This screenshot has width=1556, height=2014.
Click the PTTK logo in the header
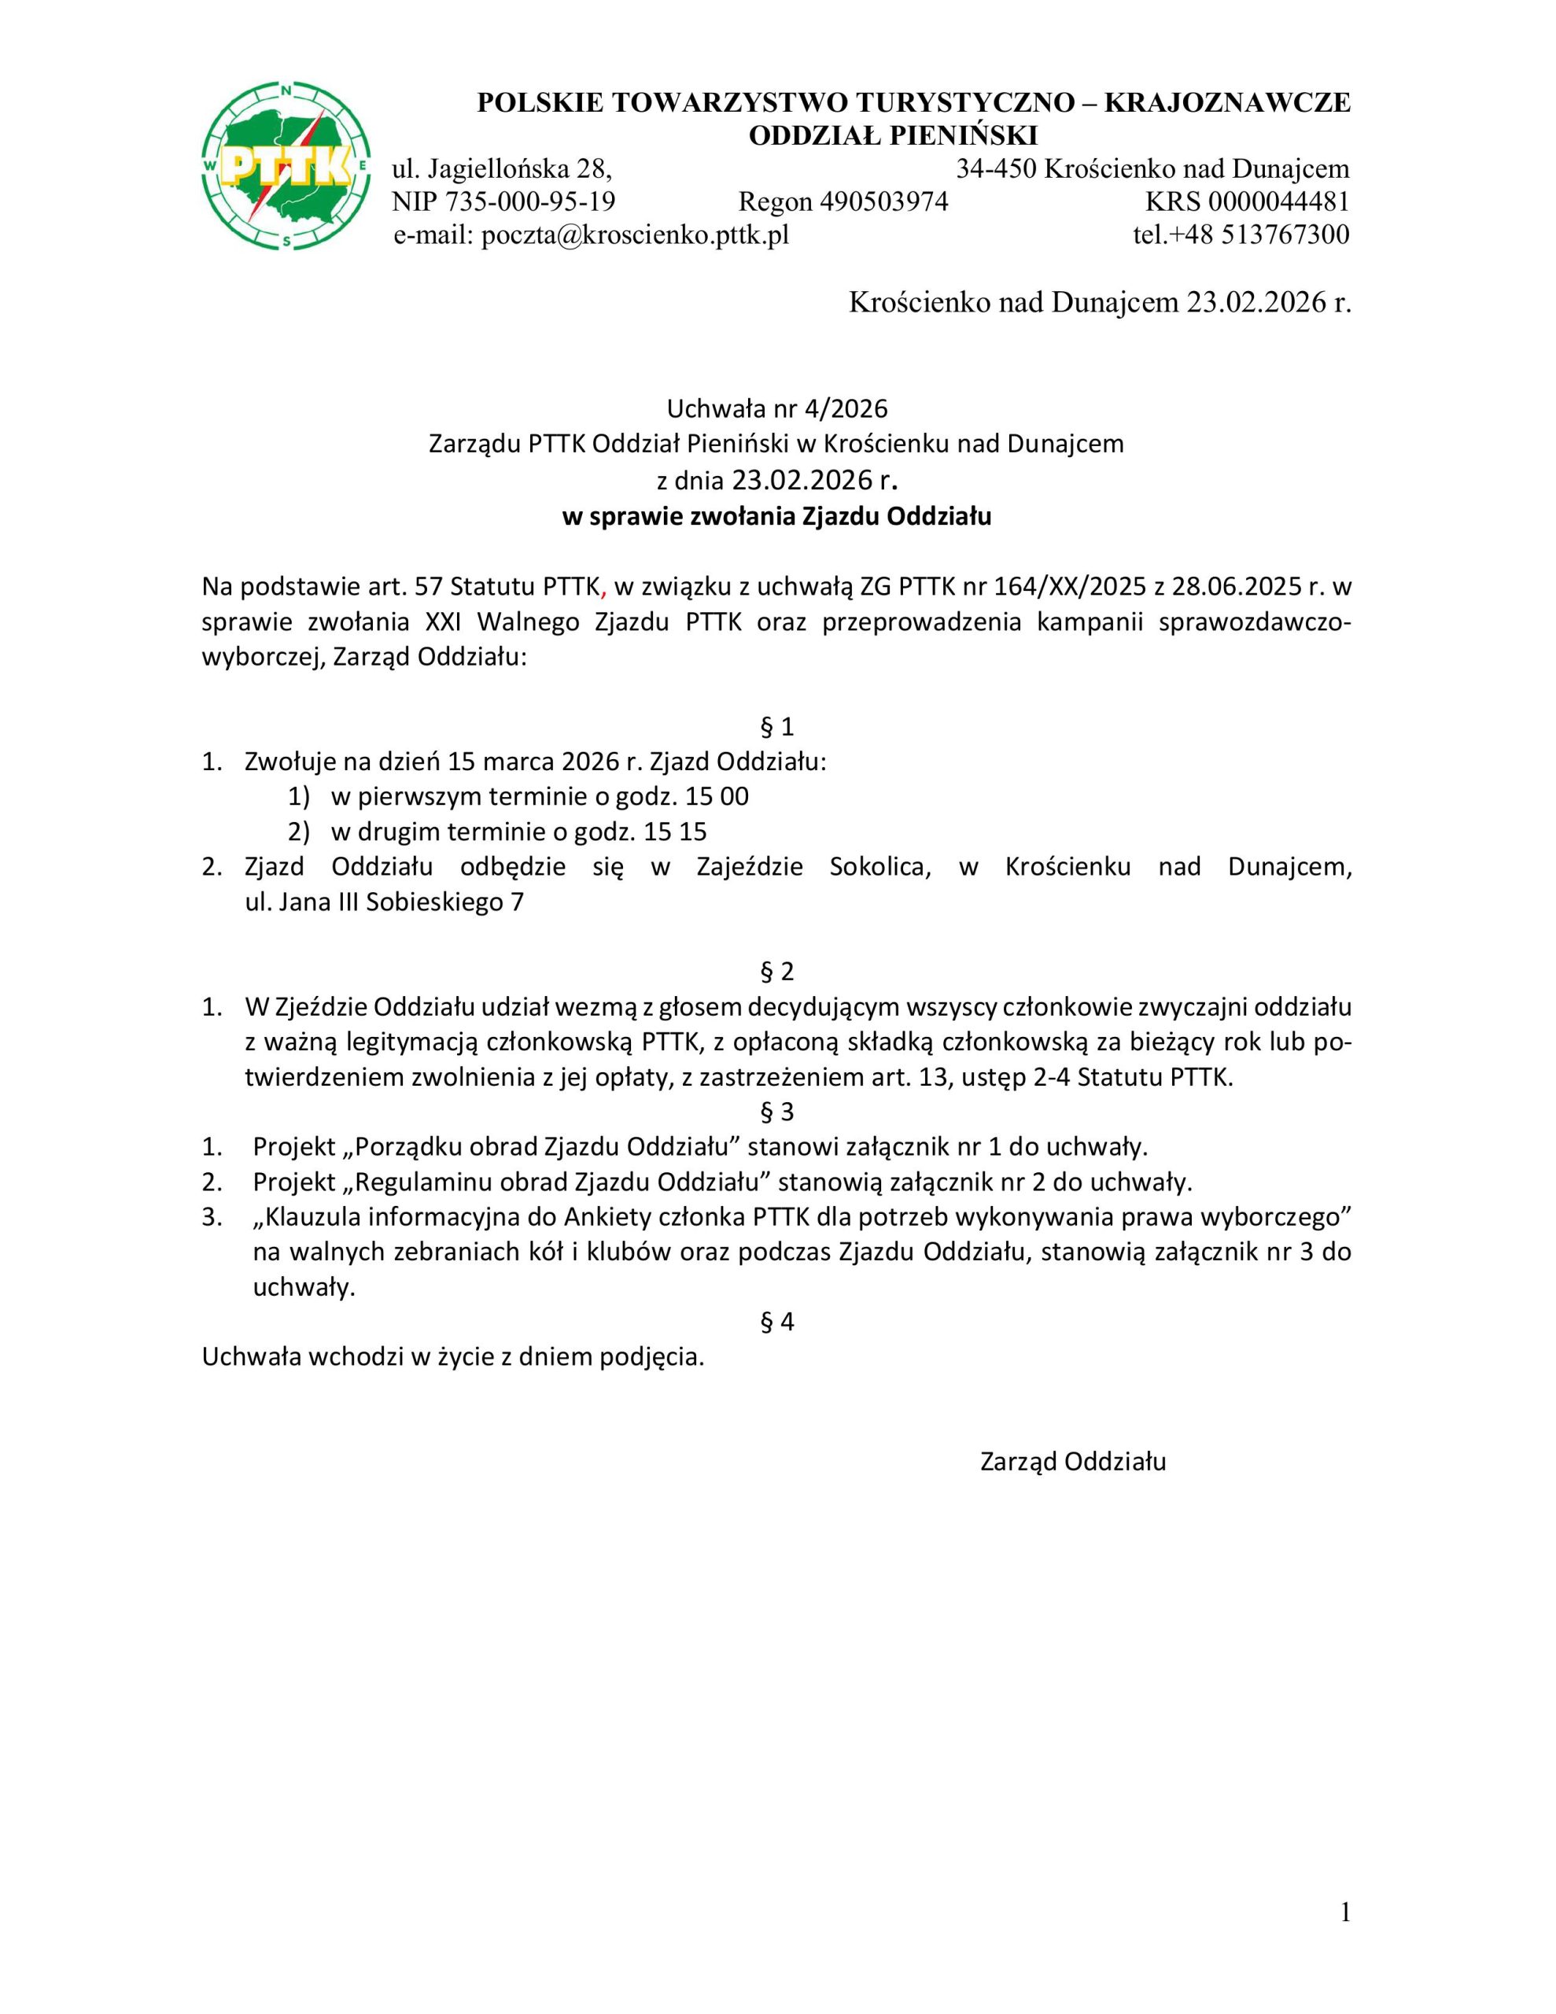point(287,167)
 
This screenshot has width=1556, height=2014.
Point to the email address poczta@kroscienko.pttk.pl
point(636,235)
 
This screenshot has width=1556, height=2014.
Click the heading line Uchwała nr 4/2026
point(776,408)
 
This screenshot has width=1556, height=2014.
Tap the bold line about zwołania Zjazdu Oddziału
point(776,516)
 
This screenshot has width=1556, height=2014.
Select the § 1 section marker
point(776,727)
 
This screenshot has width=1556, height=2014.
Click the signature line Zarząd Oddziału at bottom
point(1073,1462)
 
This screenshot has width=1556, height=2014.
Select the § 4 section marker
point(776,1322)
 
